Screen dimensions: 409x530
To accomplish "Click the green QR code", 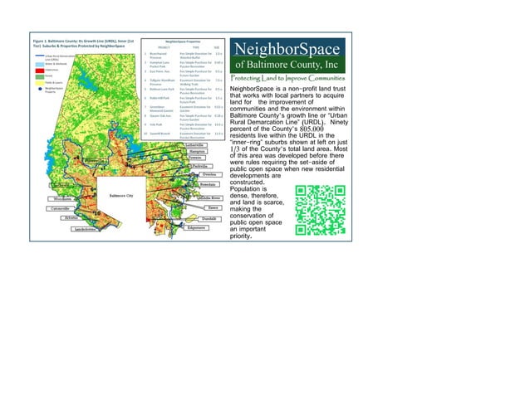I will pos(320,209).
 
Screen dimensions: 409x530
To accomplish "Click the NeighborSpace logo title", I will pos(286,49).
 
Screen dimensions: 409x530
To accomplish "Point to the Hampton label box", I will pos(197,152).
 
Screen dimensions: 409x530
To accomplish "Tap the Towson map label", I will pos(195,159).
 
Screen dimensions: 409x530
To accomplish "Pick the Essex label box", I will pos(213,207).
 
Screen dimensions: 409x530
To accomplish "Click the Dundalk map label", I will pos(209,218).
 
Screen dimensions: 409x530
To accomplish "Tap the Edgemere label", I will pos(197,227).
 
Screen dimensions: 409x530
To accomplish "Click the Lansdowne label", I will pos(86,229).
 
